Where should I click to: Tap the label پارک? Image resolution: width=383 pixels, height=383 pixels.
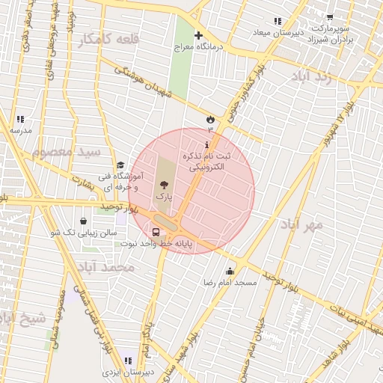163,196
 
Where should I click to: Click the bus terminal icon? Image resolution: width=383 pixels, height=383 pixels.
156,232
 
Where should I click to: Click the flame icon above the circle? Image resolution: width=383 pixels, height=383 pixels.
210,119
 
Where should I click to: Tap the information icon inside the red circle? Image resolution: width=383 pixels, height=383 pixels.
207,144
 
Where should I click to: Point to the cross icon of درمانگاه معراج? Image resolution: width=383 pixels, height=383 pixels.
198,35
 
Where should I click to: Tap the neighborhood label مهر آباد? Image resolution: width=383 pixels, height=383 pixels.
302,224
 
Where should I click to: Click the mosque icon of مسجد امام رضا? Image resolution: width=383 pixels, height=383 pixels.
230,272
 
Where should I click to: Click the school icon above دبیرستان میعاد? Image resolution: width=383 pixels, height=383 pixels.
278,21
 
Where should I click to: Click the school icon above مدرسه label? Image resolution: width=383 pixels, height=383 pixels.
20,119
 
